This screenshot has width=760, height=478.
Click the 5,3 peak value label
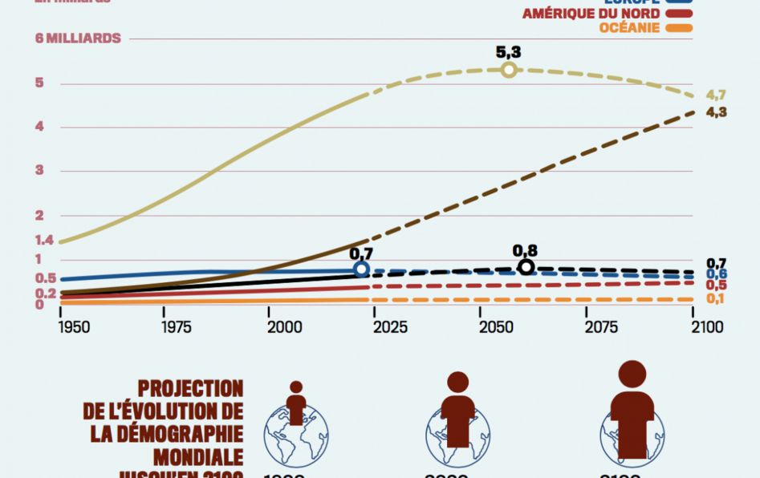click(x=509, y=52)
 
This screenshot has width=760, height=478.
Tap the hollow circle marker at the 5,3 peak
click(x=509, y=70)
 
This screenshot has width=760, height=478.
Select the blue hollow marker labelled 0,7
click(x=362, y=269)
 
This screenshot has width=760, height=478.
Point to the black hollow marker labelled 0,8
click(x=526, y=267)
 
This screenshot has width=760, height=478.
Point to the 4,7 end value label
click(x=716, y=95)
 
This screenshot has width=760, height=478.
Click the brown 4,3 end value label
click(x=716, y=112)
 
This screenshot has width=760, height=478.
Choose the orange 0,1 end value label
click(x=716, y=298)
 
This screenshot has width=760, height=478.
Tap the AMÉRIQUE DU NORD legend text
click(x=591, y=14)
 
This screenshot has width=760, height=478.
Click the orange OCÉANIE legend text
click(x=629, y=28)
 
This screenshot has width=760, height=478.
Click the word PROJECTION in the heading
click(x=190, y=389)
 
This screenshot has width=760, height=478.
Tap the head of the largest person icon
click(x=632, y=374)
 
